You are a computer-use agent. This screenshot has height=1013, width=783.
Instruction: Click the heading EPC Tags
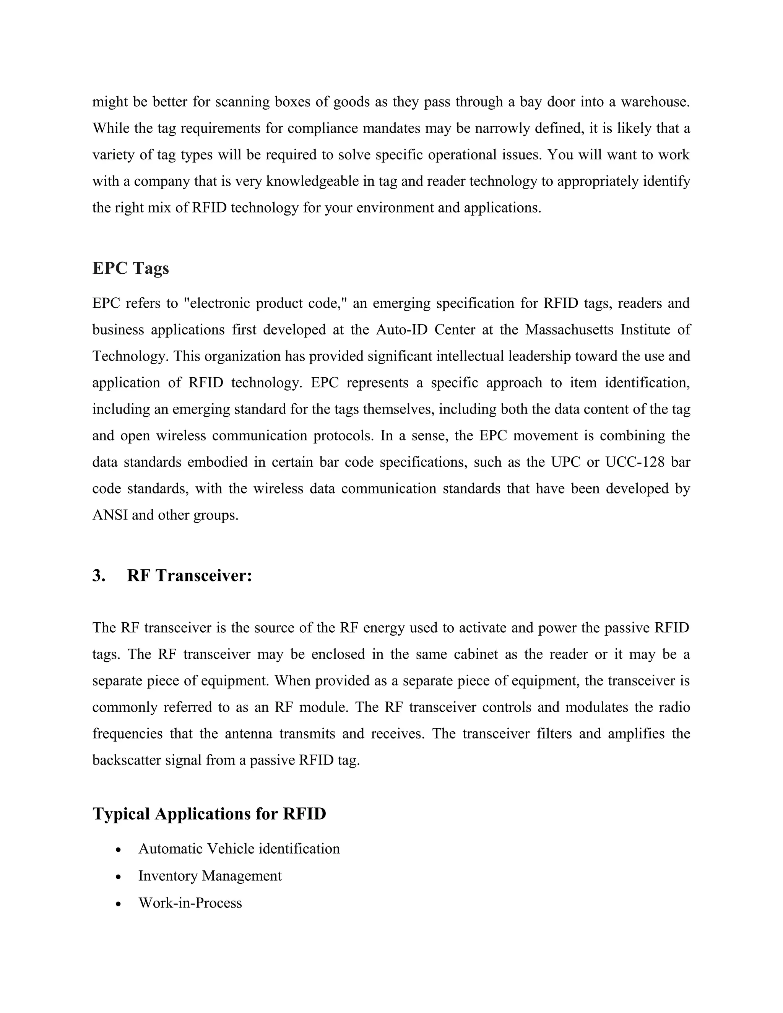[x=130, y=268]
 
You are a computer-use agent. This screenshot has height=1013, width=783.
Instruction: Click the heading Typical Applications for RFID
[x=209, y=813]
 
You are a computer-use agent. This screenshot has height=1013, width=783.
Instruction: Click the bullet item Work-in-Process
[x=190, y=903]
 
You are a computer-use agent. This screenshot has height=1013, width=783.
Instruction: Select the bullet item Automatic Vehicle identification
[x=239, y=849]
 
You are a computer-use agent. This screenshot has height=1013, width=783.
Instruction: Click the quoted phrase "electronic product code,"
[x=266, y=304]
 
